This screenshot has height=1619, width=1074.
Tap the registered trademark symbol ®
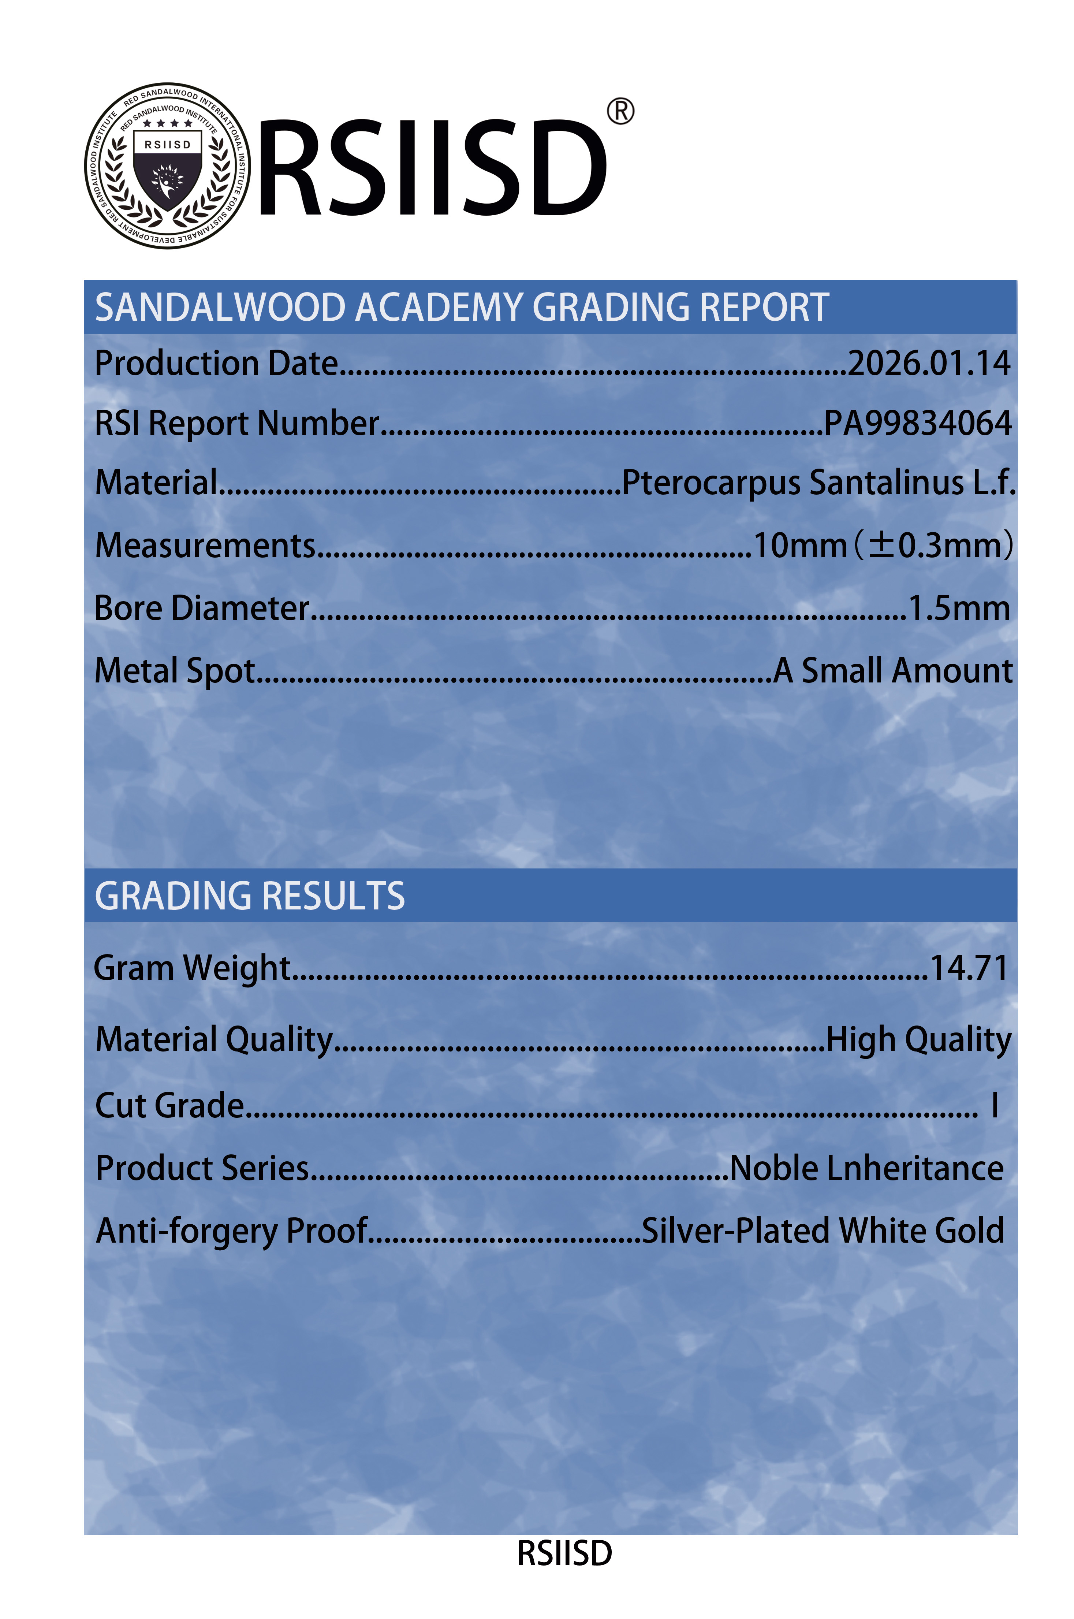[620, 111]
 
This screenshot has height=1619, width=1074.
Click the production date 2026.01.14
[929, 363]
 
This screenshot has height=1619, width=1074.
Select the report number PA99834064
[917, 423]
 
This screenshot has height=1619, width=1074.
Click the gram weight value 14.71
[969, 968]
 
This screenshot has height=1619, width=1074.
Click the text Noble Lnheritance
[866, 1168]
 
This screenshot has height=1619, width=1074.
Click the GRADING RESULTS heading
[250, 896]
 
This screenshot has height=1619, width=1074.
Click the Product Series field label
[202, 1168]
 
